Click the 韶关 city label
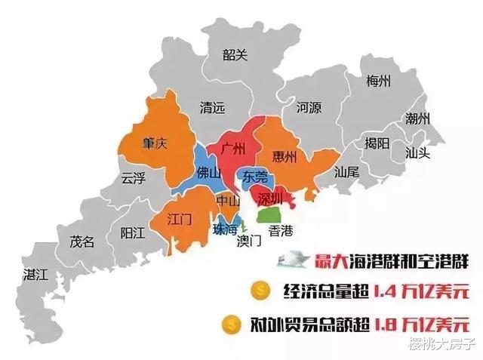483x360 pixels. [235, 54]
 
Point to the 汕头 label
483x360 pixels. [417, 152]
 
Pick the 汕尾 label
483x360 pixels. [346, 172]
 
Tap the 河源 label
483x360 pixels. [309, 107]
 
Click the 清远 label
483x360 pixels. [211, 108]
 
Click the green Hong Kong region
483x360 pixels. [269, 215]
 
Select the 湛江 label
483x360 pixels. [35, 274]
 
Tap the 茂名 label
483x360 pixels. [82, 242]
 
